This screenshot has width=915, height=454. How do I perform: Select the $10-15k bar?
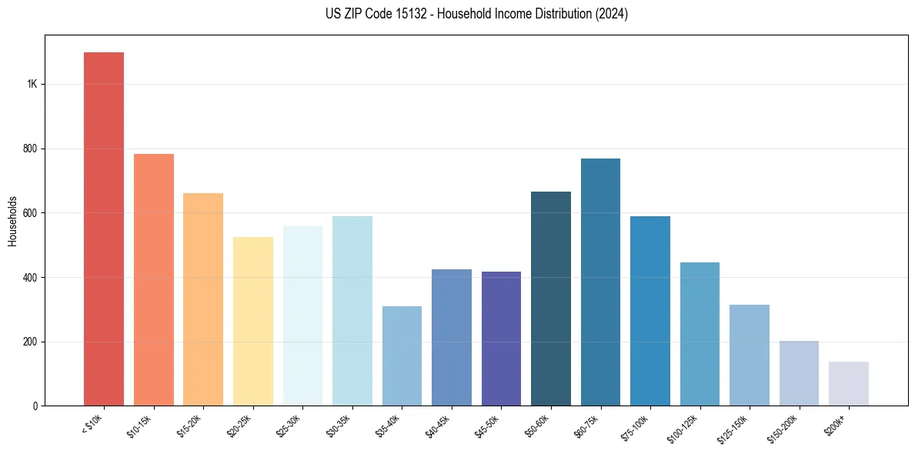[x=154, y=280]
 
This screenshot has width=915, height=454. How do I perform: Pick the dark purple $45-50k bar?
[x=501, y=339]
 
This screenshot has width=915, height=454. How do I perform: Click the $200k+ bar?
[x=849, y=384]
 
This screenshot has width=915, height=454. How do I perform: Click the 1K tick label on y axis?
[x=32, y=84]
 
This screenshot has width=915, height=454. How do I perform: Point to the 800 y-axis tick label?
[x=31, y=149]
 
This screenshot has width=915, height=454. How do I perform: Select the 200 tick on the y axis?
[x=31, y=342]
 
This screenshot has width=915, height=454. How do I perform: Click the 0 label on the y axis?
[x=35, y=406]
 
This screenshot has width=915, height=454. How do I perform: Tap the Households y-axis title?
[x=12, y=221]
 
